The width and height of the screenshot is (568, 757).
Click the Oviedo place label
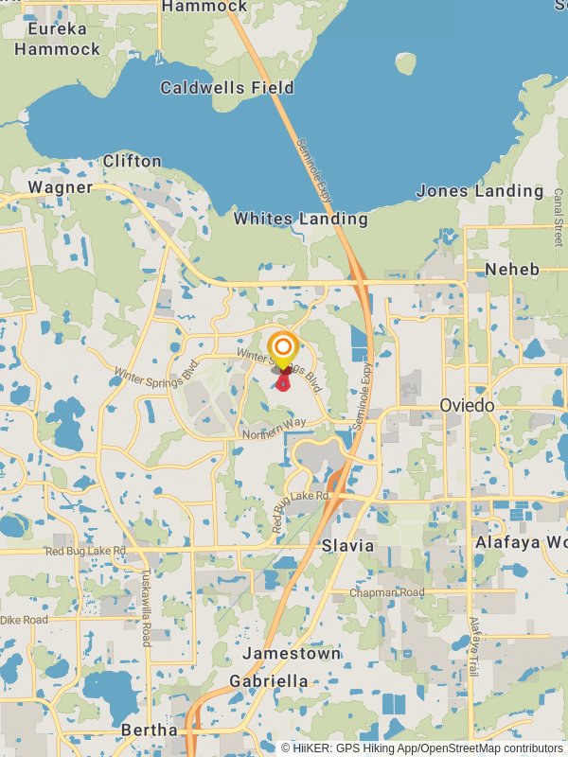pyautogui.click(x=467, y=405)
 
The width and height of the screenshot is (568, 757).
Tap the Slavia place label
pyautogui.click(x=347, y=546)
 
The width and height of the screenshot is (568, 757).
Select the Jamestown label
pyautogui.click(x=292, y=654)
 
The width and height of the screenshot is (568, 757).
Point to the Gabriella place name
pyautogui.click(x=269, y=681)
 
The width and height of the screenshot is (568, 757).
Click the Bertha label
pyautogui.click(x=149, y=731)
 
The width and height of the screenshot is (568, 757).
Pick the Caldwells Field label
pyautogui.click(x=227, y=88)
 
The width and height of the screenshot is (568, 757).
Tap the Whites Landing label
pyautogui.click(x=301, y=219)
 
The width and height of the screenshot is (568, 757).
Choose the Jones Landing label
pyautogui.click(x=481, y=191)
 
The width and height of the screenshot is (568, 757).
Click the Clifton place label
pyautogui.click(x=133, y=161)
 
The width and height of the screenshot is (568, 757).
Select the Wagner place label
pyautogui.click(x=61, y=187)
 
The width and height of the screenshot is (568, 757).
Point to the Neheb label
pyautogui.click(x=512, y=270)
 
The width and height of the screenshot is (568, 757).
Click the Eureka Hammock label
pyautogui.click(x=57, y=39)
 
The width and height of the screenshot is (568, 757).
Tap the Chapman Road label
pyautogui.click(x=387, y=593)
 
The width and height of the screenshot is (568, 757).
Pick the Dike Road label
pyautogui.click(x=24, y=620)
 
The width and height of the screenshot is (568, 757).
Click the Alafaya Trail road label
pyautogui.click(x=475, y=646)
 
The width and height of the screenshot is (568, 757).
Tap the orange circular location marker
pyautogui.click(x=282, y=346)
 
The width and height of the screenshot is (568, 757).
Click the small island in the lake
pyautogui.click(x=405, y=63)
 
